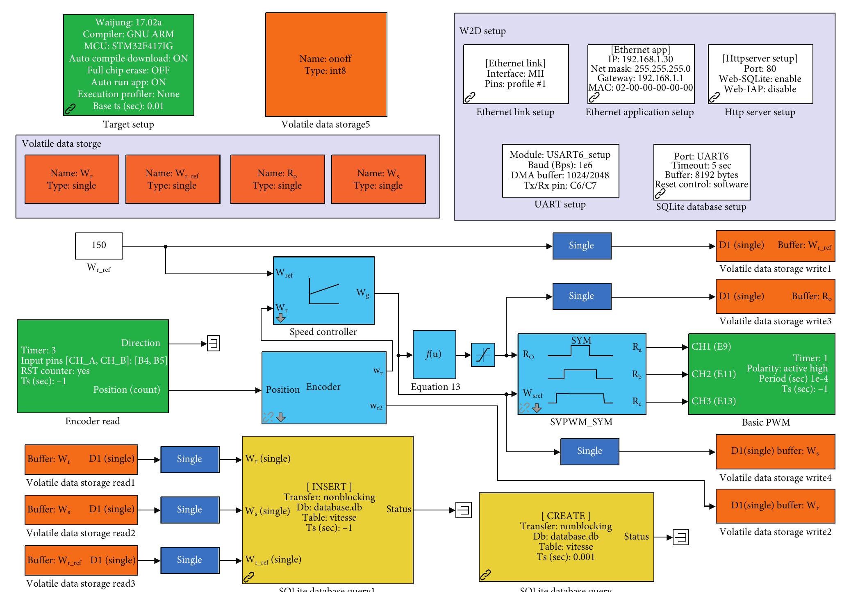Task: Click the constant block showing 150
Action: (x=99, y=246)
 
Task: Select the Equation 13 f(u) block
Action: (x=434, y=355)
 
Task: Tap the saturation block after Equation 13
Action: (x=483, y=355)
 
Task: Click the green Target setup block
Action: (x=128, y=65)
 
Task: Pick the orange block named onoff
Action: (x=326, y=65)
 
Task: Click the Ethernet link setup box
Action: (x=516, y=74)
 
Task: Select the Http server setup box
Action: (x=760, y=74)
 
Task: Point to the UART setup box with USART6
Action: (x=560, y=171)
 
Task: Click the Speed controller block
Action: (x=323, y=291)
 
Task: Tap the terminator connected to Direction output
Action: (x=213, y=343)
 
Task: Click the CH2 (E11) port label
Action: (x=714, y=374)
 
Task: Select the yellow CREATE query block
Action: (x=566, y=537)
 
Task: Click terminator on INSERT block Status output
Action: (x=464, y=510)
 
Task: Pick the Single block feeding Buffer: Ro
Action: (x=581, y=296)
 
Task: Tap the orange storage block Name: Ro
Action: (x=278, y=179)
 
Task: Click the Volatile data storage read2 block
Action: (x=81, y=510)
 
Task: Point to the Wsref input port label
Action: (x=533, y=394)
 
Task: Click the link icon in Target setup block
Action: (x=71, y=109)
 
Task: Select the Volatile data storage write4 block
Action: (x=775, y=451)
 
